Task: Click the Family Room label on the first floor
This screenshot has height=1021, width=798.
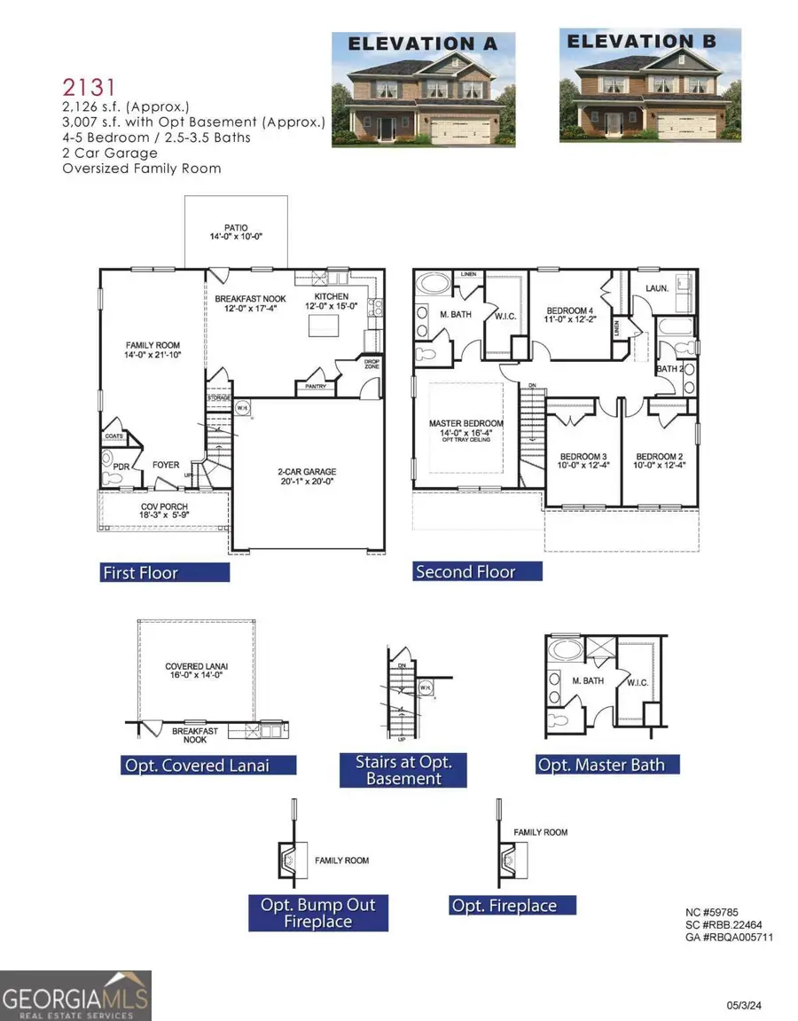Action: [x=152, y=350]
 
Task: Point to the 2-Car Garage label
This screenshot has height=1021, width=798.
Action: [x=304, y=477]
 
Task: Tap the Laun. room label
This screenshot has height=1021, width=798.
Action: [x=656, y=288]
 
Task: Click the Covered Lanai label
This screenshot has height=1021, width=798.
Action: [x=197, y=672]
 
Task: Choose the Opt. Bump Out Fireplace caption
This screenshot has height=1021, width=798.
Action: [x=317, y=913]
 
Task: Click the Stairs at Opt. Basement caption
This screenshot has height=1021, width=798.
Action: [x=403, y=770]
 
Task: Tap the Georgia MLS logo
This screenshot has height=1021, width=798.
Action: [x=75, y=995]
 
